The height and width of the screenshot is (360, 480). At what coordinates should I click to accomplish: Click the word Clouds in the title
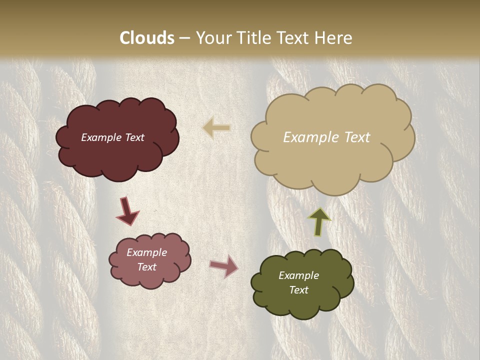(147, 38)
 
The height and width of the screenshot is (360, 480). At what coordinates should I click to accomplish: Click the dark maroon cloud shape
(117, 155)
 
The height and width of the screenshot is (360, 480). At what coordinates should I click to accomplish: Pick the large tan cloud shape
(332, 160)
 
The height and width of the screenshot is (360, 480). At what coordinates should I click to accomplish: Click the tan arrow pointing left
(217, 128)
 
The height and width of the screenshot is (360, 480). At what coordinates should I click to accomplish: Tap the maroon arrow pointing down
(127, 210)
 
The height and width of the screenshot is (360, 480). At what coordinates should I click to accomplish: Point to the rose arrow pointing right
(224, 266)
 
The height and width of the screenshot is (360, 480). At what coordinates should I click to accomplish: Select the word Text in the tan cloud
(353, 137)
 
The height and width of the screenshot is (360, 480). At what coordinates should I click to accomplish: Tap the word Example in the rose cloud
(146, 252)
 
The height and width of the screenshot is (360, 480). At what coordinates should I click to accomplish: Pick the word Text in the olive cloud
(298, 290)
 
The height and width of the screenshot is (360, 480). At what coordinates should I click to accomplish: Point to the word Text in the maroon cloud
(134, 137)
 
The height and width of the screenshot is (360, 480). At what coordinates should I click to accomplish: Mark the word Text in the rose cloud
(146, 267)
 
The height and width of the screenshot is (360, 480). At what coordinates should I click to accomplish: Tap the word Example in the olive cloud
(298, 275)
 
